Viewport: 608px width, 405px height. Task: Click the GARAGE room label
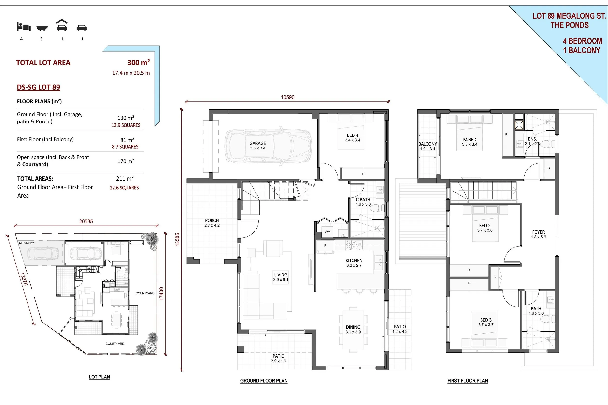pos(257,143)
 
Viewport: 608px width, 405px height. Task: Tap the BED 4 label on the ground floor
pos(353,135)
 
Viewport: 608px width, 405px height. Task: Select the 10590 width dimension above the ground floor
pos(288,97)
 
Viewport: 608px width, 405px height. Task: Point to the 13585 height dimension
pos(177,239)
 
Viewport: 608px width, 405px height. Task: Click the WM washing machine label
pos(327,232)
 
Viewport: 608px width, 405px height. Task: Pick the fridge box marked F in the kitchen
pos(325,246)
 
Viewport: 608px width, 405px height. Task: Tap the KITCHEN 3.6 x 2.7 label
pos(354,263)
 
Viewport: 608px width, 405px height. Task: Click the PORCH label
pos(212,221)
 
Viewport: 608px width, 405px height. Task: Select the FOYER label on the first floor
pos(538,232)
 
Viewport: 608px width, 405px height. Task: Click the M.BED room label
pos(470,140)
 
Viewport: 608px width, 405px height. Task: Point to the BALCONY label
pos(427,144)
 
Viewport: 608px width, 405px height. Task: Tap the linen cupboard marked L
pos(495,277)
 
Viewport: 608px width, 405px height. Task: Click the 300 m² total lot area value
pos(139,63)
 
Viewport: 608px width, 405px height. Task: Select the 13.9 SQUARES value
pos(126,125)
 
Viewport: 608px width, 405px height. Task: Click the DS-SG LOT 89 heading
pos(39,87)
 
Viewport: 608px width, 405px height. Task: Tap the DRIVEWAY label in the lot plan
pos(27,243)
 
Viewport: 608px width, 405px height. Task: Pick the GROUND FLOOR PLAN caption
pos(264,381)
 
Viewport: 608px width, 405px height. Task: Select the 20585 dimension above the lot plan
pos(86,221)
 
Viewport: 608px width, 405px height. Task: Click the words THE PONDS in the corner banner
pos(569,25)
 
